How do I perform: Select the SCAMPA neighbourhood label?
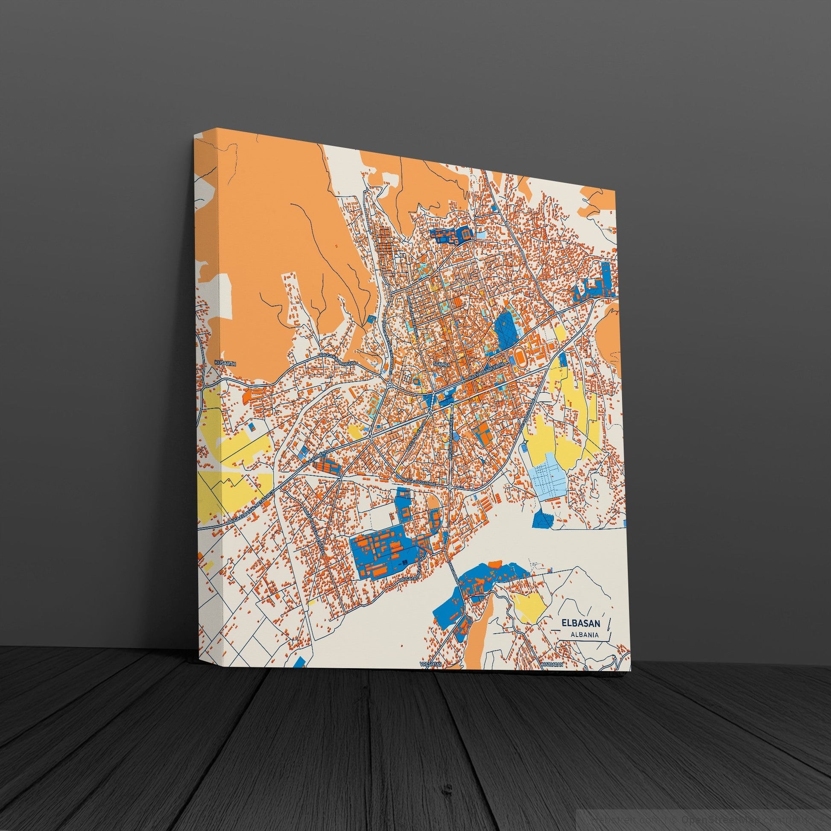pyautogui.click(x=442, y=364)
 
